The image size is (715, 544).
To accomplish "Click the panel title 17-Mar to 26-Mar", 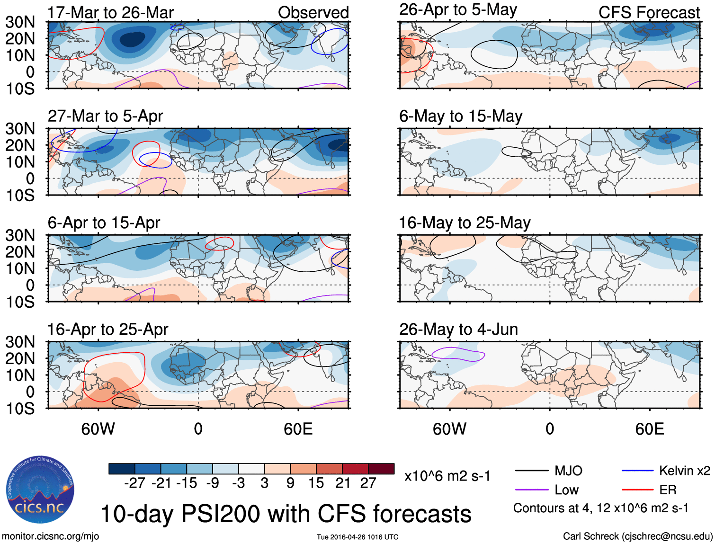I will [x=111, y=12].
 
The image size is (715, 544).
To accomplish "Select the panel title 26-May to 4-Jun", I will [x=458, y=329].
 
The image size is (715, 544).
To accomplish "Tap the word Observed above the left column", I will [x=313, y=12].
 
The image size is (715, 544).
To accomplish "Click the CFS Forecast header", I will [x=649, y=12].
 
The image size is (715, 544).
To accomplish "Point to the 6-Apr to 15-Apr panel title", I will [x=104, y=223].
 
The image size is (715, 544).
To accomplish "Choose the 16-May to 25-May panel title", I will [x=465, y=223].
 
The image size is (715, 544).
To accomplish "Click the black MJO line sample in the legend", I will [x=532, y=471].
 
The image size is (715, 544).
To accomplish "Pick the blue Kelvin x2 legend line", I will [x=637, y=471].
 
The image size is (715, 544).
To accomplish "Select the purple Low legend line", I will [x=532, y=490].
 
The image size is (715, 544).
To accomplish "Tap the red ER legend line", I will [x=637, y=490].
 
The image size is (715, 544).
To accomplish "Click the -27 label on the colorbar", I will [x=134, y=483].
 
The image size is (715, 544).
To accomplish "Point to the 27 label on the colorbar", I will [x=368, y=483].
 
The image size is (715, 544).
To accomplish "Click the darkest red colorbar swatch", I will [x=381, y=469].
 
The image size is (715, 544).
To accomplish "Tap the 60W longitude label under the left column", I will [x=98, y=429].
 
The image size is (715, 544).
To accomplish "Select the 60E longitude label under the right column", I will [x=650, y=429].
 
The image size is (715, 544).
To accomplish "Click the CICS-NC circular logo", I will [x=40, y=490].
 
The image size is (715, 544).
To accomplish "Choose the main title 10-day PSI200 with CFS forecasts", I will [x=286, y=514].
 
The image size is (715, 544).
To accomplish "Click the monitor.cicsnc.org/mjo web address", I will [x=51, y=536].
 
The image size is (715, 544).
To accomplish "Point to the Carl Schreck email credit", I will [x=637, y=536].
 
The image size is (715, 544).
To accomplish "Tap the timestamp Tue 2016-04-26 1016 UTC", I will [x=357, y=537].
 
